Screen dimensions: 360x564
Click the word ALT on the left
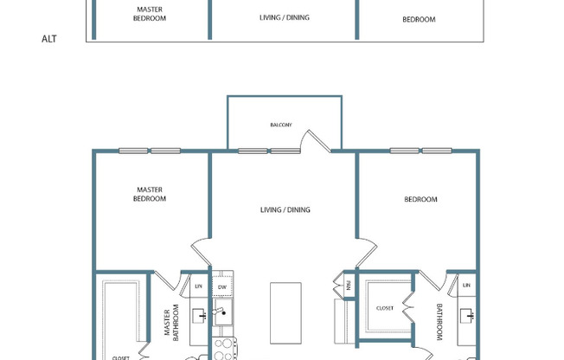click(x=49, y=39)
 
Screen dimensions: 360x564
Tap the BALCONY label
click(x=281, y=125)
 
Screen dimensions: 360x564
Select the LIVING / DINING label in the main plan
click(x=285, y=209)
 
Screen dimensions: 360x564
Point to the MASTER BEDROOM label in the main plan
click(x=150, y=195)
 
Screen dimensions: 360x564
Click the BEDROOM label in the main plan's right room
click(x=420, y=200)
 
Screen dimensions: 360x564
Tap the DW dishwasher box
click(x=222, y=286)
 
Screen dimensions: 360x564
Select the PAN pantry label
click(x=348, y=284)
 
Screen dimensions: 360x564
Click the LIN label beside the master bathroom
click(x=197, y=285)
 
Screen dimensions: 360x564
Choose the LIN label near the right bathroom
click(x=466, y=285)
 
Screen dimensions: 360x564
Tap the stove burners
click(x=223, y=348)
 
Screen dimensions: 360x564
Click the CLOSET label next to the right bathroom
click(x=385, y=307)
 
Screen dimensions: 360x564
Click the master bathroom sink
click(x=197, y=316)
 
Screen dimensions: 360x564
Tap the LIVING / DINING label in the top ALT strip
click(x=285, y=17)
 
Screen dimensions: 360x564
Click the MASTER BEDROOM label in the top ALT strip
click(x=150, y=14)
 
